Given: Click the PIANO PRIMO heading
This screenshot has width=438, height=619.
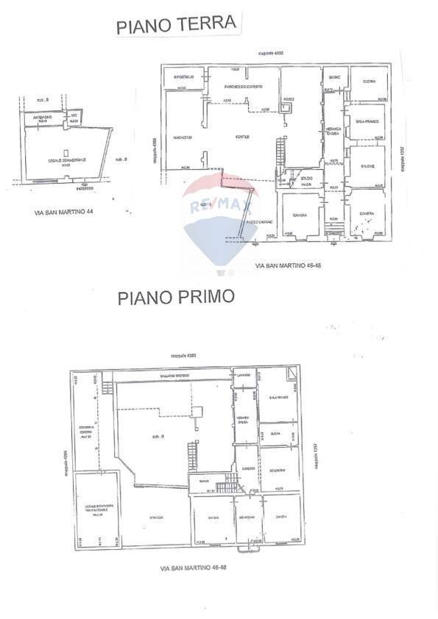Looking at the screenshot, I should tap(176, 297).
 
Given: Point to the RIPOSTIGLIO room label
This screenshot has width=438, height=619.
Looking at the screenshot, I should tap(183, 77).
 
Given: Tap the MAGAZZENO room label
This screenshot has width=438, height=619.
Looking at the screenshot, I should tap(183, 137).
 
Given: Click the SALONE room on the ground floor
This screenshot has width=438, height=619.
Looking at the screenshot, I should tap(367, 166).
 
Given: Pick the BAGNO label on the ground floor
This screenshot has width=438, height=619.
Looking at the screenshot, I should tap(333, 77).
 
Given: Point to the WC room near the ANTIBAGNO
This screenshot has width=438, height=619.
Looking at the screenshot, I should tap(74, 118).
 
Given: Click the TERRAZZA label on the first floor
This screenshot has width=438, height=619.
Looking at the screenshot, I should tap(155, 518).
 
